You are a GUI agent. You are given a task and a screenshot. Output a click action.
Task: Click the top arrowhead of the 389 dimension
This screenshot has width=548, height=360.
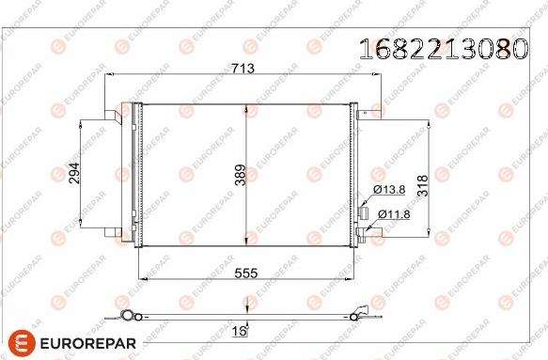point(246,106)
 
